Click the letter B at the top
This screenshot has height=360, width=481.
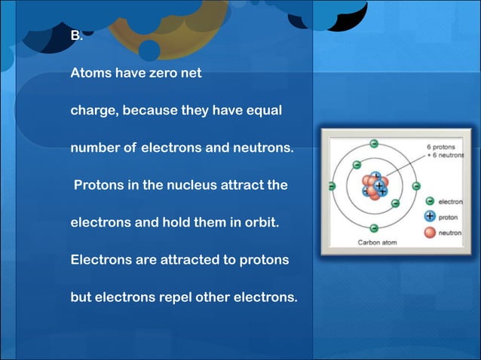(x=75, y=35)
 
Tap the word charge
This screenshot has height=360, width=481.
(x=93, y=111)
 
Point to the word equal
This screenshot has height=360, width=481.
(x=264, y=111)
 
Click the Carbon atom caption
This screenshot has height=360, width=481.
(x=377, y=243)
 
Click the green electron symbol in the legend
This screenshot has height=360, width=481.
(x=430, y=201)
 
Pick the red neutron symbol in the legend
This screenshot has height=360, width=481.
(x=430, y=231)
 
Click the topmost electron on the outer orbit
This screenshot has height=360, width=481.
(x=373, y=143)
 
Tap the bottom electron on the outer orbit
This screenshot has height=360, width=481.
(x=373, y=227)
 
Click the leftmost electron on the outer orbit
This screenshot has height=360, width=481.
(x=331, y=185)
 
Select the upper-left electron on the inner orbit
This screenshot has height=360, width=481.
(x=357, y=165)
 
